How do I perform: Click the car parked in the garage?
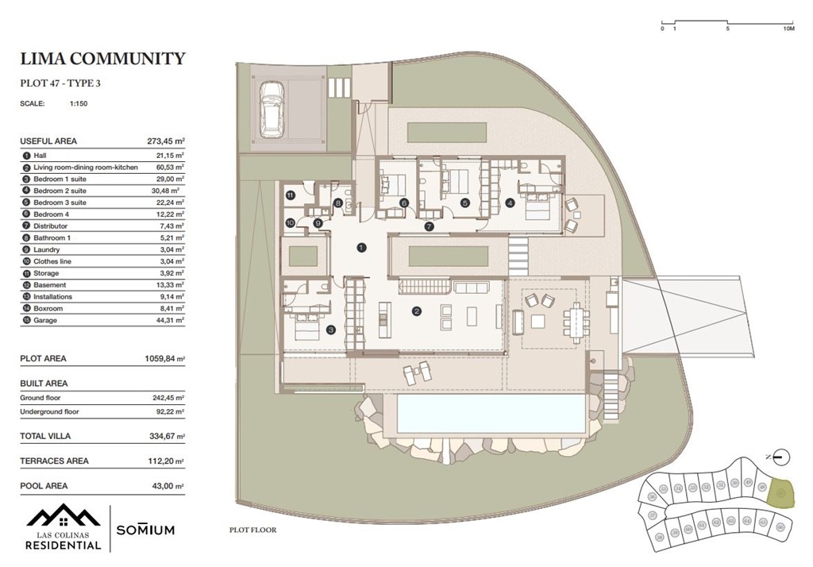coord(272,108)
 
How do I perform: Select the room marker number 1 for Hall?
coord(361,248)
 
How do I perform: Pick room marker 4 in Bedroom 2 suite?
coord(510,202)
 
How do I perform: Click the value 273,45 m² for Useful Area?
coord(165,141)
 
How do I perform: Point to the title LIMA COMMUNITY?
coord(102,59)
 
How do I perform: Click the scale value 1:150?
coord(78,103)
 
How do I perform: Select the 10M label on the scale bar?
coord(788,29)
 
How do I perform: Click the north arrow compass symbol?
coord(780,457)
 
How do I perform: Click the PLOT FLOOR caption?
coord(252,530)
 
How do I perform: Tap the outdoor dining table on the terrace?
coord(572,322)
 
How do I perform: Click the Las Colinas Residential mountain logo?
coord(62,518)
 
